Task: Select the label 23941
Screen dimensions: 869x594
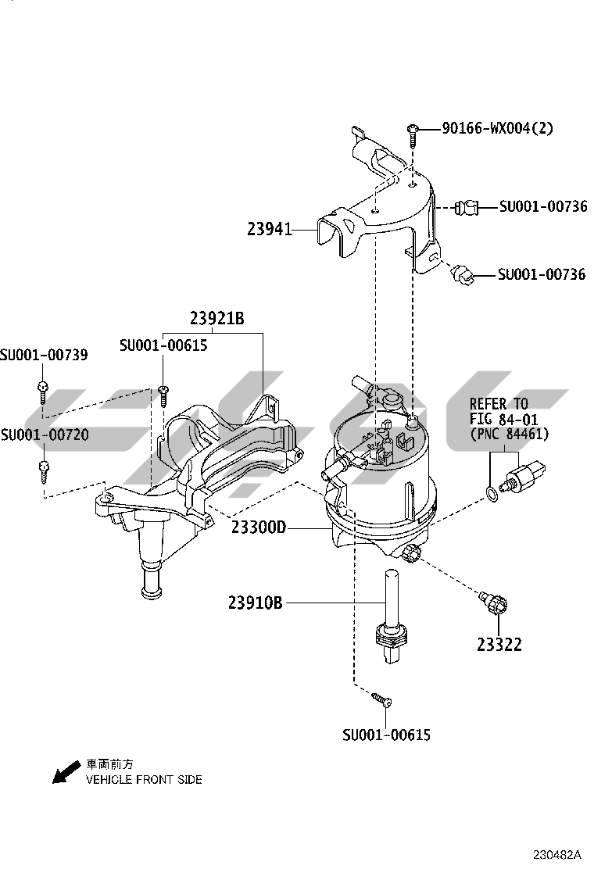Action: click(269, 230)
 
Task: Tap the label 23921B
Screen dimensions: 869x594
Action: click(216, 319)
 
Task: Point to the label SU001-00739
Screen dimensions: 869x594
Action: click(44, 356)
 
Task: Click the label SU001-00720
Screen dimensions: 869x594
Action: click(45, 435)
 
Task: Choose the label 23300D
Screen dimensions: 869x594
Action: click(259, 528)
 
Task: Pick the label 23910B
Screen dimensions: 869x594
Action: click(255, 603)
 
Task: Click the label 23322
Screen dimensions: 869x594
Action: click(499, 645)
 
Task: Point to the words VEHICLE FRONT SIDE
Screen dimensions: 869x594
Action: click(144, 780)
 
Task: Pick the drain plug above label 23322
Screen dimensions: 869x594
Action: click(493, 603)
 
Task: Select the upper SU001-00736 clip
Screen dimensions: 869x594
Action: click(467, 208)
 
